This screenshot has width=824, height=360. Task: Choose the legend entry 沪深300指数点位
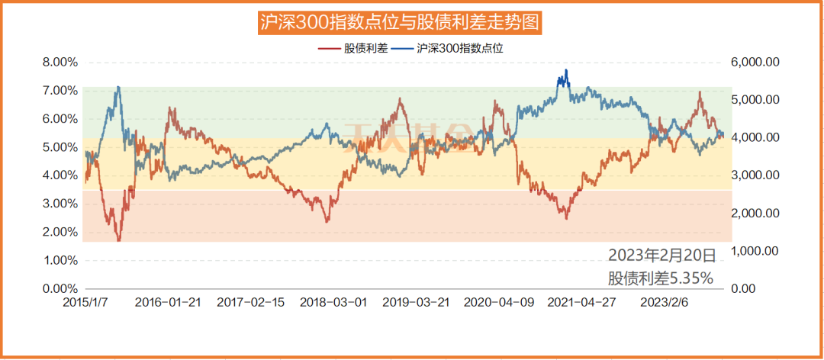pyautogui.click(x=461, y=47)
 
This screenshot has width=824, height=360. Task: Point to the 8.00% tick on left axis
pyautogui.click(x=60, y=62)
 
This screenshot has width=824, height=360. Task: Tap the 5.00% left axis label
pyautogui.click(x=60, y=146)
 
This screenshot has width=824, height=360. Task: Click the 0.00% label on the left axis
pyautogui.click(x=60, y=288)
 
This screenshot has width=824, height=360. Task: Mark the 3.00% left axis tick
pyautogui.click(x=60, y=204)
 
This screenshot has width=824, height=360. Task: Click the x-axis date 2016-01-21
pyautogui.click(x=168, y=302)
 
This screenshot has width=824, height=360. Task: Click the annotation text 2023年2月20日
pyautogui.click(x=661, y=255)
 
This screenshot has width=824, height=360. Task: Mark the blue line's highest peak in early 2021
pyautogui.click(x=565, y=71)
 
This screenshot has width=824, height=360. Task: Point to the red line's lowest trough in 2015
pyautogui.click(x=119, y=240)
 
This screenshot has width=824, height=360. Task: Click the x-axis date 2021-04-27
pyautogui.click(x=581, y=302)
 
